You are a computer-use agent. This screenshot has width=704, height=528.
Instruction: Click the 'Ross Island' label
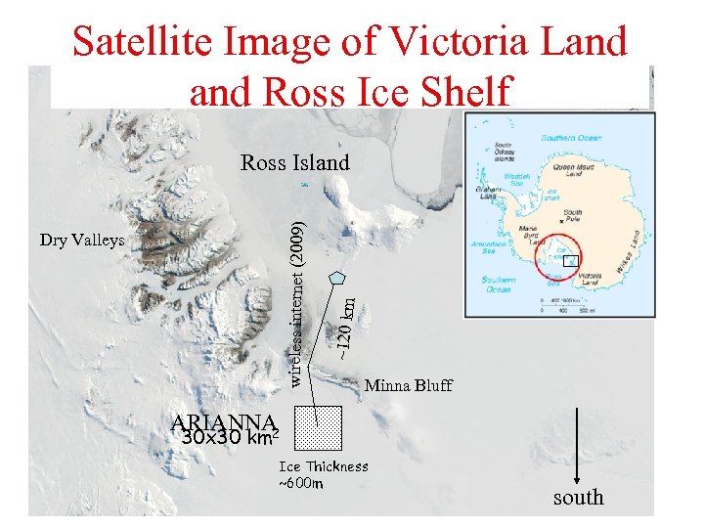(x=294, y=162)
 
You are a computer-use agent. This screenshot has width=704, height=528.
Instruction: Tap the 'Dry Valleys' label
(x=82, y=241)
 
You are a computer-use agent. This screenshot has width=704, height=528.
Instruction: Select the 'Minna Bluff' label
(x=408, y=385)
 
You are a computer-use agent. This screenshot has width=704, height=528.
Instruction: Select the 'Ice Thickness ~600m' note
(x=323, y=474)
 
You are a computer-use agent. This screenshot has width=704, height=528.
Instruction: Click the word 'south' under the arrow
(x=579, y=498)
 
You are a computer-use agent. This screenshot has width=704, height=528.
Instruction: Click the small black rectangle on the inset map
(x=573, y=260)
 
